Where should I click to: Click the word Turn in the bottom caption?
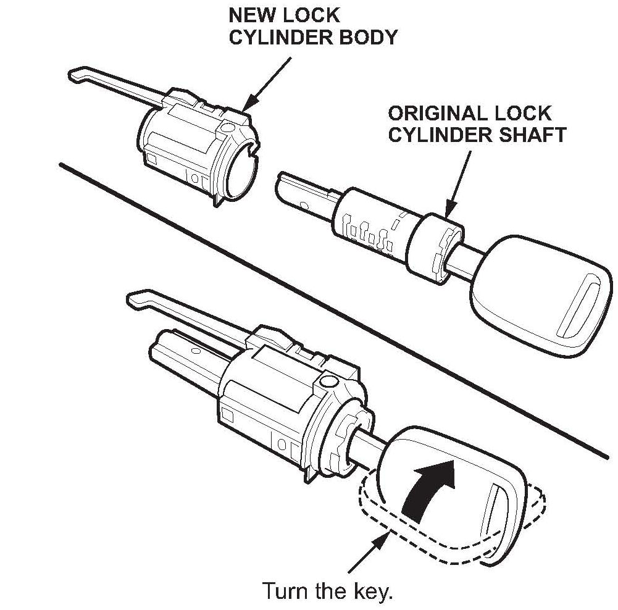(x=286, y=591)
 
